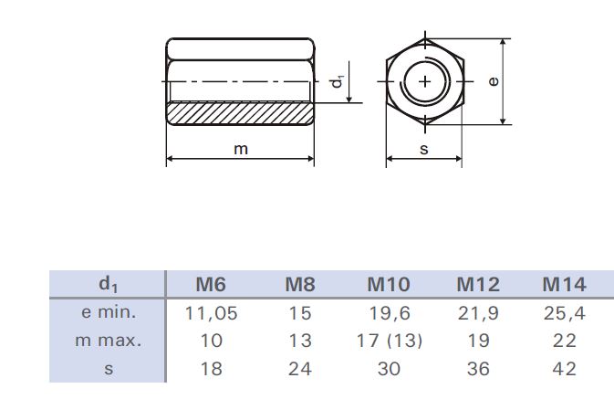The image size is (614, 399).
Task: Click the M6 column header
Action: point(211,284)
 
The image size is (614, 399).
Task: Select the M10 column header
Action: point(389,284)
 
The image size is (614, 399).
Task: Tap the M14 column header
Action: point(564,284)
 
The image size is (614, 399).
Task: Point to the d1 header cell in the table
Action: point(108,284)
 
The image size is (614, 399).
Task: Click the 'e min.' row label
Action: point(109,312)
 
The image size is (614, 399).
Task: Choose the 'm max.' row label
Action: point(108,341)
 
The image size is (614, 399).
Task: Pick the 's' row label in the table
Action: point(109,369)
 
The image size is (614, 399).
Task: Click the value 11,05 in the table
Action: point(211,313)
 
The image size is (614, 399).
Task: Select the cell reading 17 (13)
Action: point(390,341)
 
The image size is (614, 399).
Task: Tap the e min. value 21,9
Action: point(478,313)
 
